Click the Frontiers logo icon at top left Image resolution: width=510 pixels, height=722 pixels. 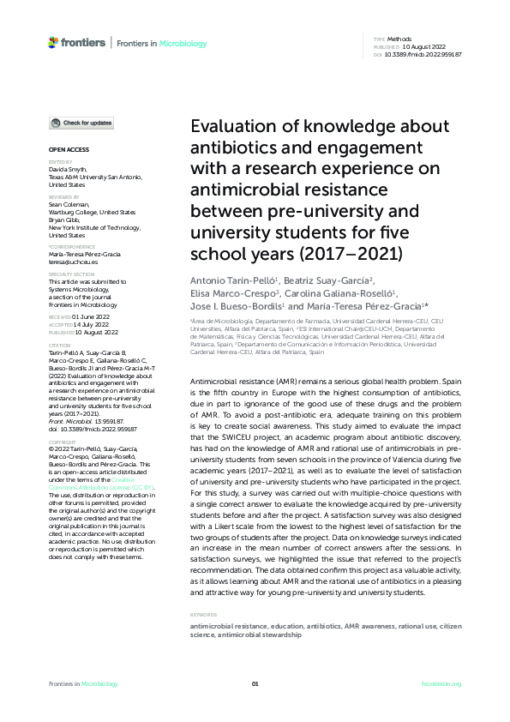click(x=54, y=42)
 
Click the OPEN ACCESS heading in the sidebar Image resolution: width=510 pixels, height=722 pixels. click(x=68, y=149)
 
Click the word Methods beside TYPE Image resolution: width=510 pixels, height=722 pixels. click(x=399, y=39)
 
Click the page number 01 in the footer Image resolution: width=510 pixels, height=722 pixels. click(x=255, y=683)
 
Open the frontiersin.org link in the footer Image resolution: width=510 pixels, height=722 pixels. click(x=442, y=683)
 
